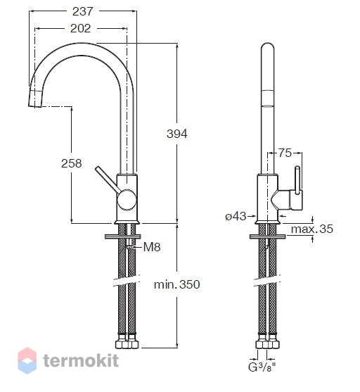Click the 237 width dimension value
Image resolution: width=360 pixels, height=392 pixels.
[x=82, y=11]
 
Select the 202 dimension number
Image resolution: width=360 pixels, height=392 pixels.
[x=80, y=28]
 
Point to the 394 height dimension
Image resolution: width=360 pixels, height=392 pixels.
[x=177, y=134]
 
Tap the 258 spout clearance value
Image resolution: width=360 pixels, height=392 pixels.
[x=72, y=163]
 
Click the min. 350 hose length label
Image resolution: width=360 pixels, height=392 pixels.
[x=177, y=284]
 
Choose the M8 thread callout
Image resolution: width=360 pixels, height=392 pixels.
[x=152, y=247]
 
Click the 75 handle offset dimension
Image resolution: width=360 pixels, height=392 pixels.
[x=285, y=153]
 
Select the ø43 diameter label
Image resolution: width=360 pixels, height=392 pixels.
[x=236, y=216]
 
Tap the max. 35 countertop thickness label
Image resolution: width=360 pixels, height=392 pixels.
[x=312, y=229]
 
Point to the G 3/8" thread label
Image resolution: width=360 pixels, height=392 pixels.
[x=262, y=367]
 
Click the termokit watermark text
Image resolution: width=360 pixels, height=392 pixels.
[x=81, y=361]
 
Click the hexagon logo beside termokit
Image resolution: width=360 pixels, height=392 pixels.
[x=27, y=360]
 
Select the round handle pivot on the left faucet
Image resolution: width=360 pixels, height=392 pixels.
[x=127, y=199]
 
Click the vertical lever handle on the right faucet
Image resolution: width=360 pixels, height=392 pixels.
[x=298, y=180]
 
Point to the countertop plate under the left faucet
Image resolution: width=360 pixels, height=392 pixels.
[x=122, y=236]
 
